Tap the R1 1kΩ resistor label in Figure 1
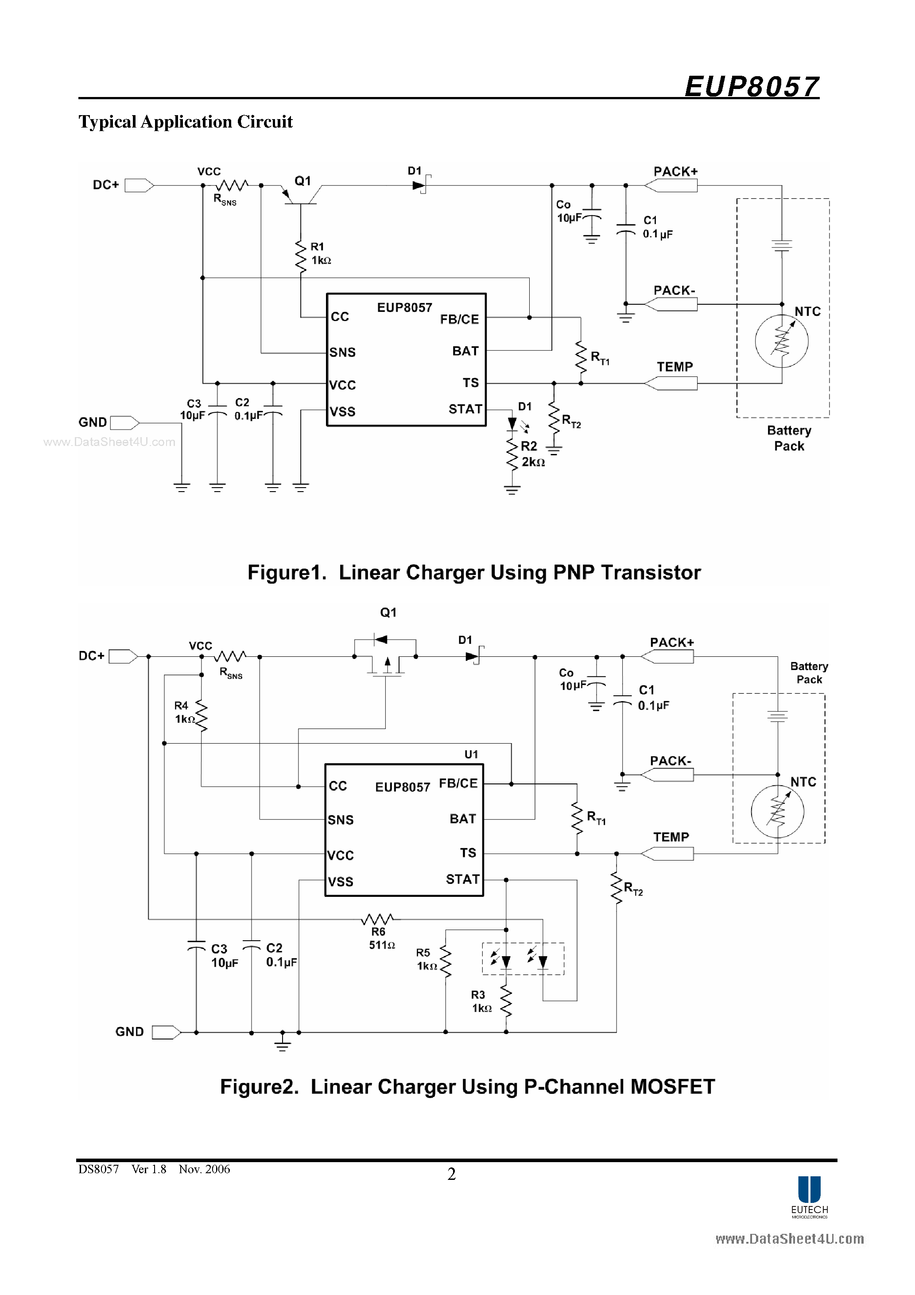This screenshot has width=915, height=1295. pos(320,254)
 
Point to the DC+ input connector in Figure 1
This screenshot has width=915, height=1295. pos(139,185)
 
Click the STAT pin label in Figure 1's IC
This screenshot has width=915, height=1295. pos(465,409)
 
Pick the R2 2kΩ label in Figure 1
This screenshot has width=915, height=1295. pos(532,454)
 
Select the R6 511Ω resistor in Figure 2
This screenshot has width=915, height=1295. pos(377,919)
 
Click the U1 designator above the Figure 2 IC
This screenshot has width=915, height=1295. pos(471,754)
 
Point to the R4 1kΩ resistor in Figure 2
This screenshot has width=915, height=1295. pos(202,715)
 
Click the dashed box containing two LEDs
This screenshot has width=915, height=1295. pos(523,959)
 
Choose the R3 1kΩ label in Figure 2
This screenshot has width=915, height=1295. pos(481,1001)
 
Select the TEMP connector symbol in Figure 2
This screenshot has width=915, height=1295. pos(667,854)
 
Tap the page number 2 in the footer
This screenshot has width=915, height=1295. pos(451,1174)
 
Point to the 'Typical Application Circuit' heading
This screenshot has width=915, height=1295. pos(185,122)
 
